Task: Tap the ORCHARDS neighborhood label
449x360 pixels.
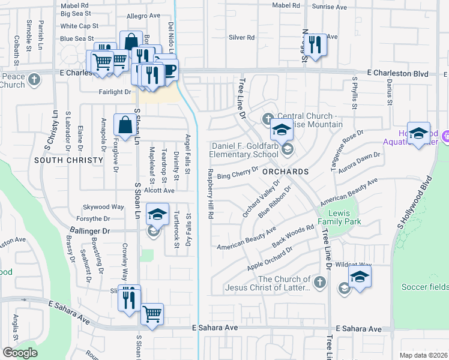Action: click(285, 172)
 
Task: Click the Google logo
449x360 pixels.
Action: click(20, 353)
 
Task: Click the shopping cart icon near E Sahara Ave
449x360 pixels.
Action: click(152, 313)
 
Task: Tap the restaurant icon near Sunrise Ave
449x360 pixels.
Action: click(315, 44)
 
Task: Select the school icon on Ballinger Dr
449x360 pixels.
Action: click(157, 215)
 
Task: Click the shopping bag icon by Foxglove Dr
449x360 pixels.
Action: click(125, 125)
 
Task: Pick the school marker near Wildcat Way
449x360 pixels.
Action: click(359, 276)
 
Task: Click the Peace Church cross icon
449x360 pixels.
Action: click(35, 77)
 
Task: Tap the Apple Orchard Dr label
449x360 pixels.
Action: click(269, 258)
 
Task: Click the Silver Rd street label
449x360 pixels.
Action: click(241, 37)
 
